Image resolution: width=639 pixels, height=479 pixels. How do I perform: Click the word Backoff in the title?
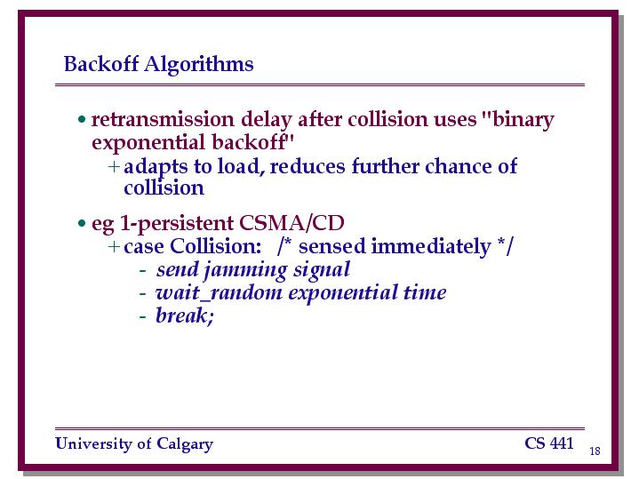[x=101, y=64]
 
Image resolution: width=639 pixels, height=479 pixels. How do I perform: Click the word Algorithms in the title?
[x=199, y=64]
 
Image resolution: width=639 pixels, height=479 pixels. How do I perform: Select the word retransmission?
[x=163, y=119]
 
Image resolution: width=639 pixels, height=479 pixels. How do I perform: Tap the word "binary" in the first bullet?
[x=517, y=120]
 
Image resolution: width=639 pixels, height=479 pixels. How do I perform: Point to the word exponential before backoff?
[x=148, y=143]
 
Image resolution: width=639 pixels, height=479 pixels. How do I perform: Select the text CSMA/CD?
[x=292, y=223]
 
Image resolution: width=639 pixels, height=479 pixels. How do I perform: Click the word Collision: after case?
[x=216, y=246]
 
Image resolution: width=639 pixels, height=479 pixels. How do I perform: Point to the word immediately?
[x=431, y=247]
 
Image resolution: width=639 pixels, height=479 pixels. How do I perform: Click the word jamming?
[x=245, y=270]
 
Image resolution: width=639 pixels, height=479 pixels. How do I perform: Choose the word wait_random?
[x=219, y=292]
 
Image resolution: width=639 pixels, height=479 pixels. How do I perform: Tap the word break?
[x=185, y=316]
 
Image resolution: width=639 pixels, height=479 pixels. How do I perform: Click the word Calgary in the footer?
[x=185, y=444]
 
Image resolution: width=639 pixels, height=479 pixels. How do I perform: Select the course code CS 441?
[x=549, y=443]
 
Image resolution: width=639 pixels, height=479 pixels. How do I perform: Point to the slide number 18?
[x=595, y=451]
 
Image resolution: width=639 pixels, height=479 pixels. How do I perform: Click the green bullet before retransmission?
[x=82, y=119]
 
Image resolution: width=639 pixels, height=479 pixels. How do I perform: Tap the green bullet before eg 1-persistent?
[x=82, y=223]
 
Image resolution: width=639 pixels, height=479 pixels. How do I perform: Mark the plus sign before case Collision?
[x=114, y=247]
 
